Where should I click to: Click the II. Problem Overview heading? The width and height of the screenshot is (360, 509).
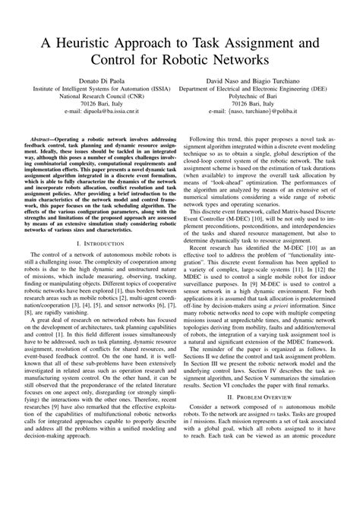pyautogui.click(x=269, y=438)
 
